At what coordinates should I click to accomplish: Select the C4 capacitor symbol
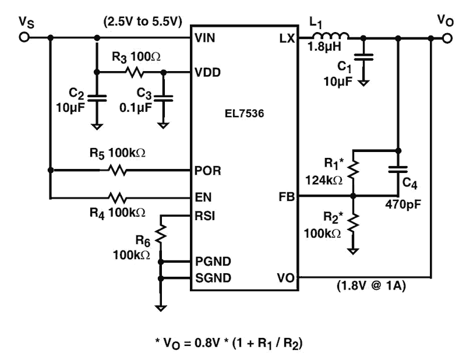pyautogui.click(x=398, y=171)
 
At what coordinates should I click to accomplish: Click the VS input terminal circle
pyautogui.click(x=24, y=38)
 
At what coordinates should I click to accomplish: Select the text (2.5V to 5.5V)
pyautogui.click(x=143, y=22)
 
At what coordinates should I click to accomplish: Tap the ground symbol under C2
pyautogui.click(x=97, y=125)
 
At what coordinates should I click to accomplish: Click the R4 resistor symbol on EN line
pyautogui.click(x=117, y=197)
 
